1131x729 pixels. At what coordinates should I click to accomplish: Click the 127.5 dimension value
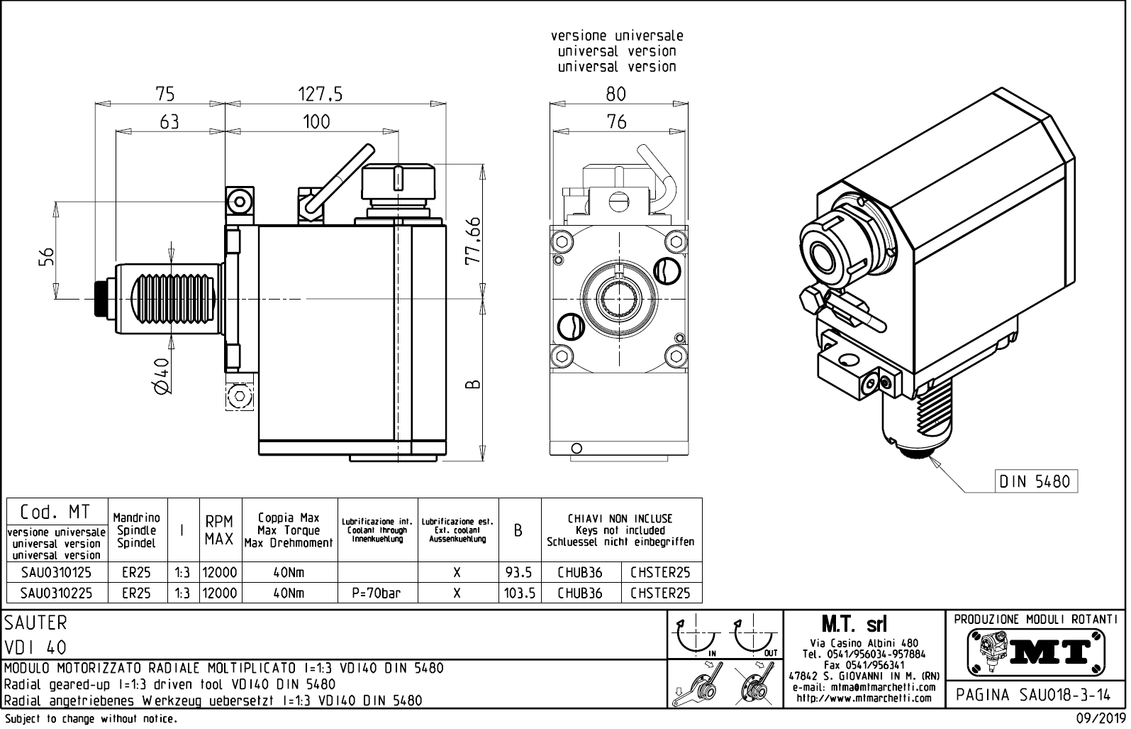[x=321, y=94]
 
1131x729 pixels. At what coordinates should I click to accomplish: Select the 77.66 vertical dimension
[x=472, y=240]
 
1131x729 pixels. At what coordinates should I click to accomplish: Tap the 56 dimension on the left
[x=46, y=256]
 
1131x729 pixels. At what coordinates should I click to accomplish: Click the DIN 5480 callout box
[x=1035, y=481]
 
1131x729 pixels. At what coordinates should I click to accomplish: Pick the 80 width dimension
[x=616, y=94]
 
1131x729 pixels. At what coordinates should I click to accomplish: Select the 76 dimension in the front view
[x=617, y=122]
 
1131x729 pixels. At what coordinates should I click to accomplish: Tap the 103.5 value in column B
[x=519, y=593]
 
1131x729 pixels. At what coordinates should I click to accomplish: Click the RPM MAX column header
[x=219, y=530]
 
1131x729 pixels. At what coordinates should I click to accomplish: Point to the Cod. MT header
[x=55, y=513]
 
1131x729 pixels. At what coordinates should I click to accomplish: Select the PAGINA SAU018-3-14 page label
[x=1035, y=695]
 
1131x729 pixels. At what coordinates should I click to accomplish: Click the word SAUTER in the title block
[x=35, y=623]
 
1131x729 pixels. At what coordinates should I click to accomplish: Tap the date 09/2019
[x=1101, y=718]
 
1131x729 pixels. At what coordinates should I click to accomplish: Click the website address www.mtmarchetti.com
[x=864, y=698]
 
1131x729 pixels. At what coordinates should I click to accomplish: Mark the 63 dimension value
[x=169, y=122]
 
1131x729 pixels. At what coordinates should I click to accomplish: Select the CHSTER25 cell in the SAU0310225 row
[x=659, y=593]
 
